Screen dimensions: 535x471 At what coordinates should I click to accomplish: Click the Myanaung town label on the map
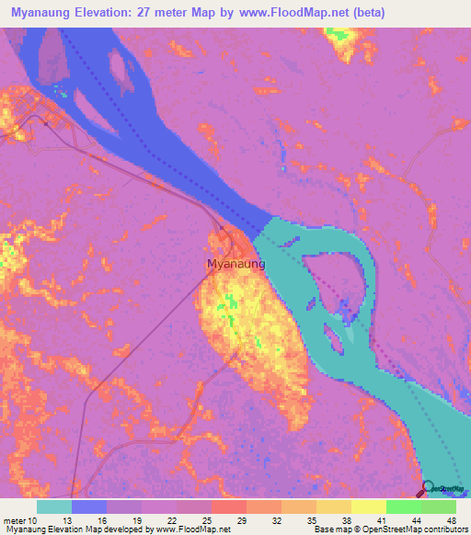tap(236, 264)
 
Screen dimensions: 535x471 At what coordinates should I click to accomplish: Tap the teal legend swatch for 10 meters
tap(54, 507)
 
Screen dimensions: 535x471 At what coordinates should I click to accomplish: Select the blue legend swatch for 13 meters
tap(89, 507)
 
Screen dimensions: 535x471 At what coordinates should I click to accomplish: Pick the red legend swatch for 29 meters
tap(229, 507)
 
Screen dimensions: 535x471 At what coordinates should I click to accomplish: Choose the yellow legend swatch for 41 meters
tap(369, 507)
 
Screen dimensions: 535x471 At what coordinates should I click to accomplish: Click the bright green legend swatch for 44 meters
tap(404, 507)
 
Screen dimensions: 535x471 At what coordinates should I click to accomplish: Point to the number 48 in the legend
tap(451, 520)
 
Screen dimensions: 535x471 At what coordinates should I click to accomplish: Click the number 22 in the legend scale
tap(170, 520)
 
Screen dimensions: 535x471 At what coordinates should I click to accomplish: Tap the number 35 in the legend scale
tap(311, 520)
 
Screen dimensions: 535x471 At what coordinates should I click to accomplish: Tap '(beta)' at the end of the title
tap(366, 13)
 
